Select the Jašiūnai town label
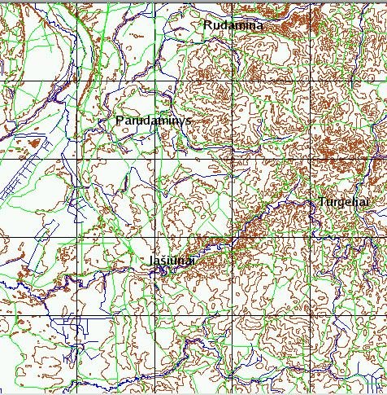click(x=172, y=260)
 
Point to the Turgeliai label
click(x=345, y=201)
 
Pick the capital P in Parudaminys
click(x=121, y=120)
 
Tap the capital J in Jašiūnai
click(x=152, y=260)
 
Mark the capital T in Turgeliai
click(x=323, y=201)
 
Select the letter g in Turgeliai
click(x=341, y=203)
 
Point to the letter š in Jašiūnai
click(x=166, y=260)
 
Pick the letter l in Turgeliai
click(x=354, y=201)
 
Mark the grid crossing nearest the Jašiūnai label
click(x=154, y=237)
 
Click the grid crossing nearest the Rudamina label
click(x=233, y=4)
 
